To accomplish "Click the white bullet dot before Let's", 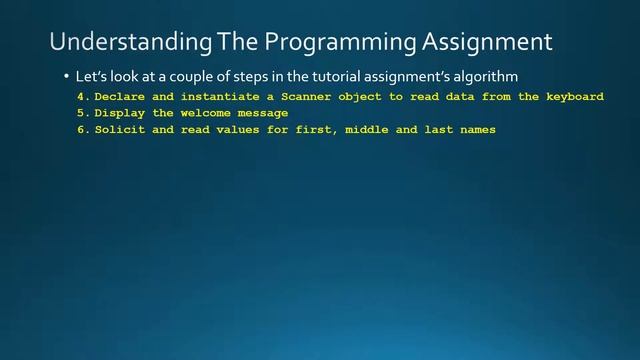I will coord(66,76).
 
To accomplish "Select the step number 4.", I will coord(80,97).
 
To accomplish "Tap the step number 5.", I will coord(80,113).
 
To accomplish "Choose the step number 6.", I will coord(80,130).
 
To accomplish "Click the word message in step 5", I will coord(263,113).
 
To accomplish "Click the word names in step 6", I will coord(475,130).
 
